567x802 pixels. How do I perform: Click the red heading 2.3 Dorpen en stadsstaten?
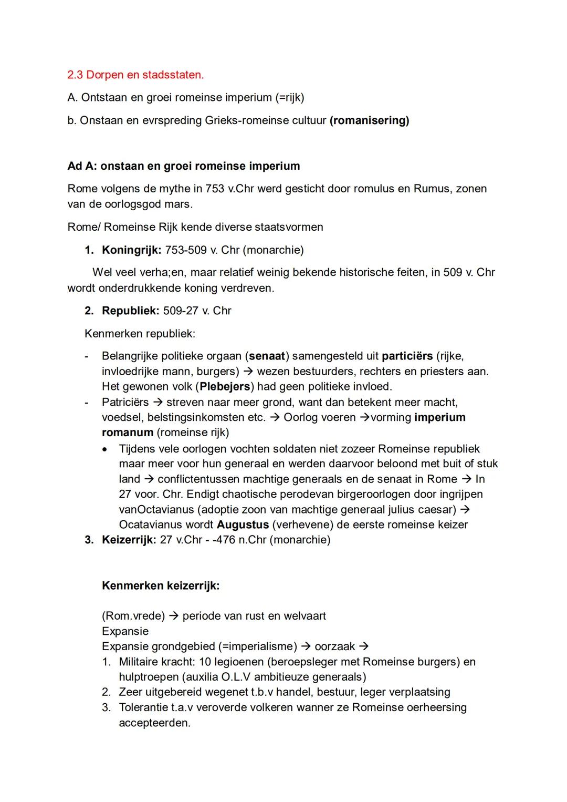click(135, 75)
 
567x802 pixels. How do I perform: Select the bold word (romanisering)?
click(369, 120)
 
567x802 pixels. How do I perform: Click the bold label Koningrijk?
click(131, 250)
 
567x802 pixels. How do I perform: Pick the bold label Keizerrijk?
click(129, 540)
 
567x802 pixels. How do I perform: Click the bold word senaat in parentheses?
click(267, 356)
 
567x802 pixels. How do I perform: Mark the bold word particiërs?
click(407, 356)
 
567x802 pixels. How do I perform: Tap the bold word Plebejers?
click(225, 386)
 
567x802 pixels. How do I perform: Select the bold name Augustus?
click(243, 525)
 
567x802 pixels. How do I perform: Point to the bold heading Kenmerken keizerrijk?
click(161, 585)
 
